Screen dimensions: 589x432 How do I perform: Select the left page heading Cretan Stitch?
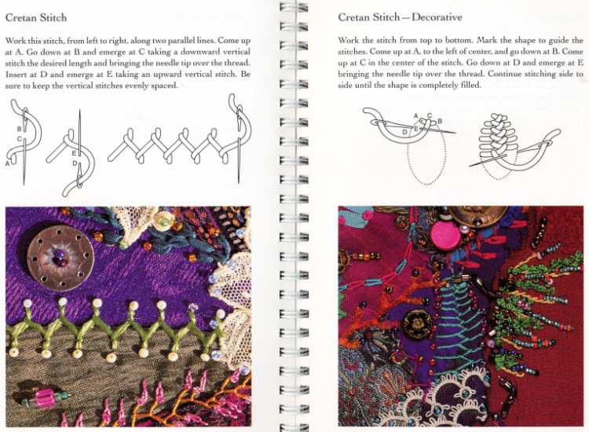click(36, 17)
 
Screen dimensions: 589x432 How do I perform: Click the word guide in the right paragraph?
click(559, 41)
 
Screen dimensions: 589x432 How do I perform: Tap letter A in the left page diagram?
click(8, 163)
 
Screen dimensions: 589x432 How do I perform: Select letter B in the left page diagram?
click(19, 129)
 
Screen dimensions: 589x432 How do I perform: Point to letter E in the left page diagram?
click(74, 153)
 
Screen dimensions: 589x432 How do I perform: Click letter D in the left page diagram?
click(75, 163)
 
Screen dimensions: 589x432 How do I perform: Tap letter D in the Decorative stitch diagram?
click(404, 132)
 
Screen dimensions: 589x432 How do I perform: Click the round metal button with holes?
click(60, 258)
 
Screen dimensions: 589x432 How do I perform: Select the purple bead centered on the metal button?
click(60, 258)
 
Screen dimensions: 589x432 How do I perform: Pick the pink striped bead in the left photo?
click(46, 397)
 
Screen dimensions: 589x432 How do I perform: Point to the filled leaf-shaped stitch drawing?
click(494, 140)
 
